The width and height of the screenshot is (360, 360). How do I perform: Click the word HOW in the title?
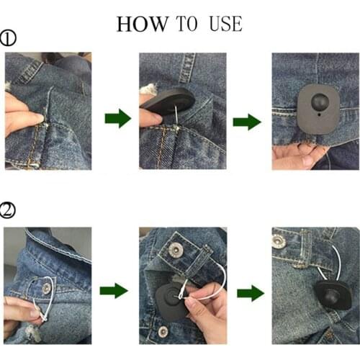point(140,24)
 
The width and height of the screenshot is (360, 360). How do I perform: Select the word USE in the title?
point(225,24)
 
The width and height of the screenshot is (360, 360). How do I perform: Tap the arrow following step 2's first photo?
point(114,291)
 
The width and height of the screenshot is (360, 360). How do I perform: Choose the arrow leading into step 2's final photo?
point(249,293)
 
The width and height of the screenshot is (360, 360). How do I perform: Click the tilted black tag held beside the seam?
point(167,104)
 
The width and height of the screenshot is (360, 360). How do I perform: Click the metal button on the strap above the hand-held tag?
point(175,249)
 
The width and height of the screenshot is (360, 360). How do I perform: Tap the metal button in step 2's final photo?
point(279,241)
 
